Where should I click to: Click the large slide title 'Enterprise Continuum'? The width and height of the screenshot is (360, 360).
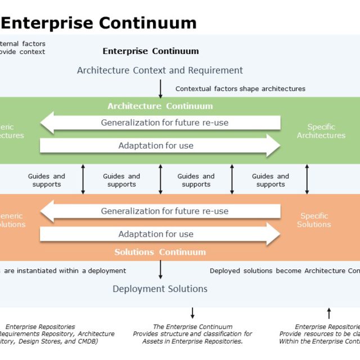tap(100, 22)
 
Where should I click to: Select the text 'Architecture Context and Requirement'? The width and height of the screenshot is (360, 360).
tap(160, 70)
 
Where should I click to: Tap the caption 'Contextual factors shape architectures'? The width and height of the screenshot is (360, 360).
tap(240, 88)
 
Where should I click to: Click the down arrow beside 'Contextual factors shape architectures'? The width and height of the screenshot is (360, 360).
tap(160, 88)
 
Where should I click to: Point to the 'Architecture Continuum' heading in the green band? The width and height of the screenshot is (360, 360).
tap(160, 106)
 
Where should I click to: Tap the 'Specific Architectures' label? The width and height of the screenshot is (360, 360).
tap(321, 131)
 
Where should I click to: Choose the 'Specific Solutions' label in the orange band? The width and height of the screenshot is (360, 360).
tap(314, 220)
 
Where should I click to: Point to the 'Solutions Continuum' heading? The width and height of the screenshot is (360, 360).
tap(160, 252)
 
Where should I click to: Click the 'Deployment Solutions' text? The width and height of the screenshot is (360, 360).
tap(160, 289)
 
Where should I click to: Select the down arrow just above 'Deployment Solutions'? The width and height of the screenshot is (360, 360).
tap(160, 270)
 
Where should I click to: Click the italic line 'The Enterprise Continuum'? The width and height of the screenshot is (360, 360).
tap(192, 327)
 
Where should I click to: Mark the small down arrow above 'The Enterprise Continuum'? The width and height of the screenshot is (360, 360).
tap(192, 313)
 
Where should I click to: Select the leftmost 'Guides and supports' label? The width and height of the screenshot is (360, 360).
tap(47, 180)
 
